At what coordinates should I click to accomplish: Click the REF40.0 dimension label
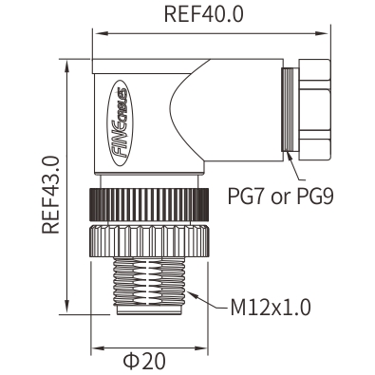204,14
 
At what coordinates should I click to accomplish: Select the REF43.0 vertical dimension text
51,195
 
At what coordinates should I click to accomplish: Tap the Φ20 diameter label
144,361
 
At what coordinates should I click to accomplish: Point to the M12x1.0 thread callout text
271,308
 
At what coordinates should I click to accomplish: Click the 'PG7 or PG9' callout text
281,197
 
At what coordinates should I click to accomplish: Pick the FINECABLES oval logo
121,122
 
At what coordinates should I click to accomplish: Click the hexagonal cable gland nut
314,108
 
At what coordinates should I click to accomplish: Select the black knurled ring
149,204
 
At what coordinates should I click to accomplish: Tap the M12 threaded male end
149,282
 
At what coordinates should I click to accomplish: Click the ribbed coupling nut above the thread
149,241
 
